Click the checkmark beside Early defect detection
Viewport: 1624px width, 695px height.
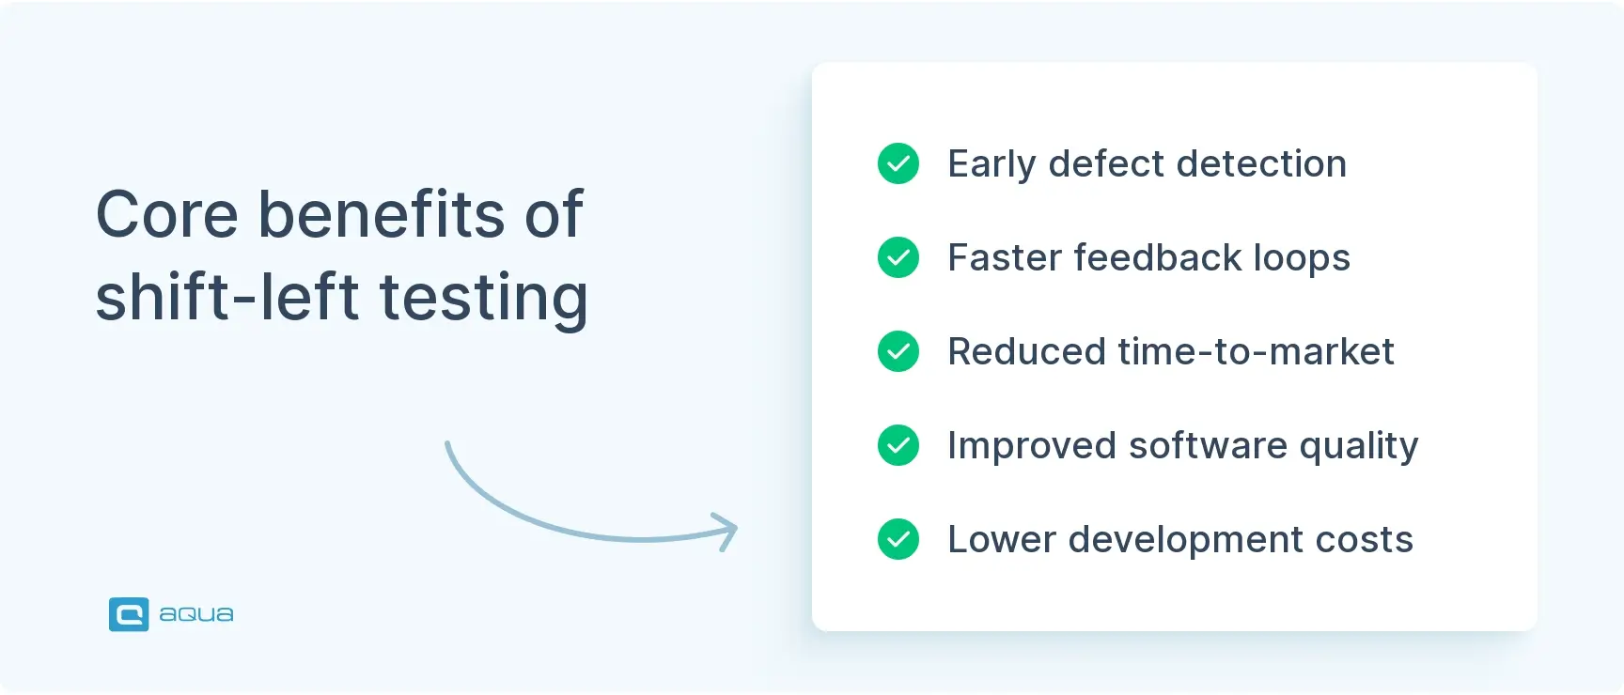pos(898,163)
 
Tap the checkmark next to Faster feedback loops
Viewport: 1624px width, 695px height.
pos(898,257)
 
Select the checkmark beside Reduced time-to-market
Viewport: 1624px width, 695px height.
pos(898,351)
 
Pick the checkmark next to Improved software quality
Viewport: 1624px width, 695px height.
pos(898,445)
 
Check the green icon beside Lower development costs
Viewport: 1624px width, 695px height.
pos(898,539)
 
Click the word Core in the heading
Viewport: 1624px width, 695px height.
pos(167,215)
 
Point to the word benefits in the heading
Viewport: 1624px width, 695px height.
pos(382,215)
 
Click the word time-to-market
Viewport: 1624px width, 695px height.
pos(1256,352)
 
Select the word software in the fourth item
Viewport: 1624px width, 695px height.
pos(1208,446)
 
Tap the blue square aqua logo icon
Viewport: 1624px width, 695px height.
pos(129,614)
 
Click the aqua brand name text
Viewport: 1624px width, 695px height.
pos(196,614)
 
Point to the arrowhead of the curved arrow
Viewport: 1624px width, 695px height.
pos(730,531)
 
